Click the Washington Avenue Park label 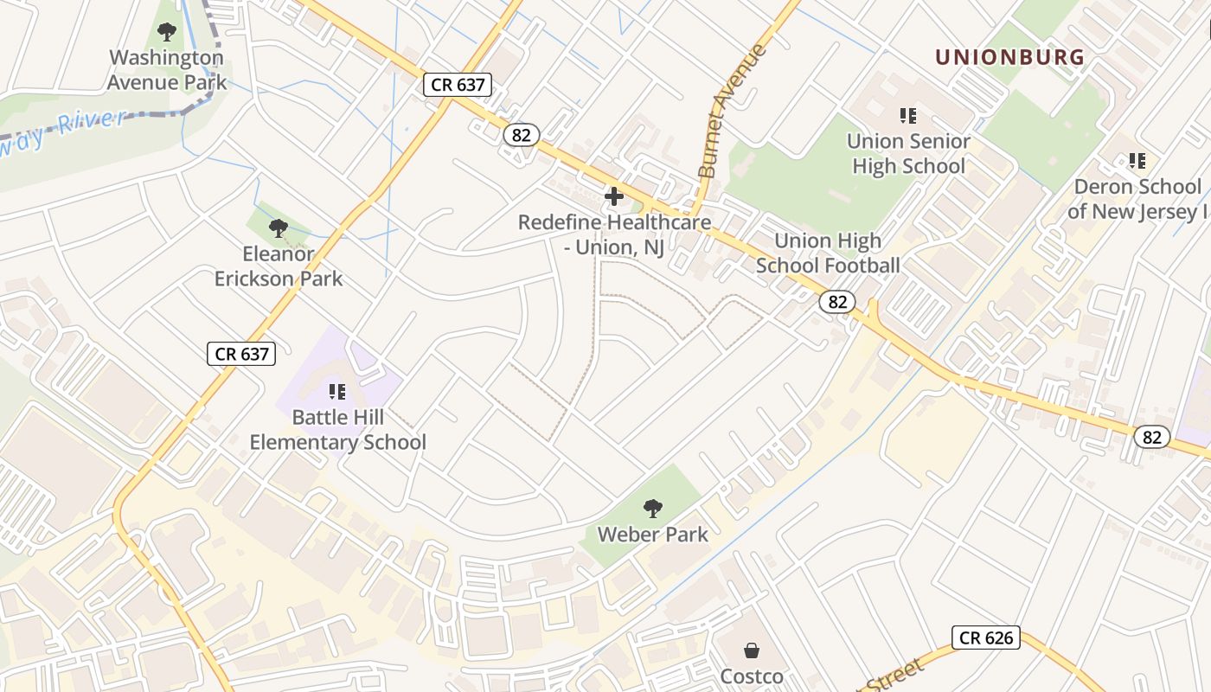click(x=167, y=70)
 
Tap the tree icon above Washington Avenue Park click(x=167, y=33)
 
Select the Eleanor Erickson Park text click(x=279, y=266)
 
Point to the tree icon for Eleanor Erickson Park click(x=279, y=228)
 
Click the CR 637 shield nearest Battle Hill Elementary click(x=241, y=353)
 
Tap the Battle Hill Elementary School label click(x=338, y=430)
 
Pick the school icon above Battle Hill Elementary click(x=338, y=392)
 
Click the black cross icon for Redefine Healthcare click(x=614, y=197)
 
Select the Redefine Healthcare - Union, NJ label click(x=614, y=234)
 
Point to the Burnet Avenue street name click(x=732, y=112)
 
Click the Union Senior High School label click(x=908, y=153)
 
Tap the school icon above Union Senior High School click(x=908, y=115)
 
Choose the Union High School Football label click(x=828, y=253)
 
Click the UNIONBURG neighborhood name click(x=1009, y=58)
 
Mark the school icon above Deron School click(x=1137, y=161)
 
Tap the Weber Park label click(x=653, y=535)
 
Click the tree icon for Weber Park click(x=653, y=508)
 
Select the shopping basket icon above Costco click(x=752, y=650)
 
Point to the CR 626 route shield click(x=987, y=638)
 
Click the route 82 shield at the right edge click(x=1152, y=437)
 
